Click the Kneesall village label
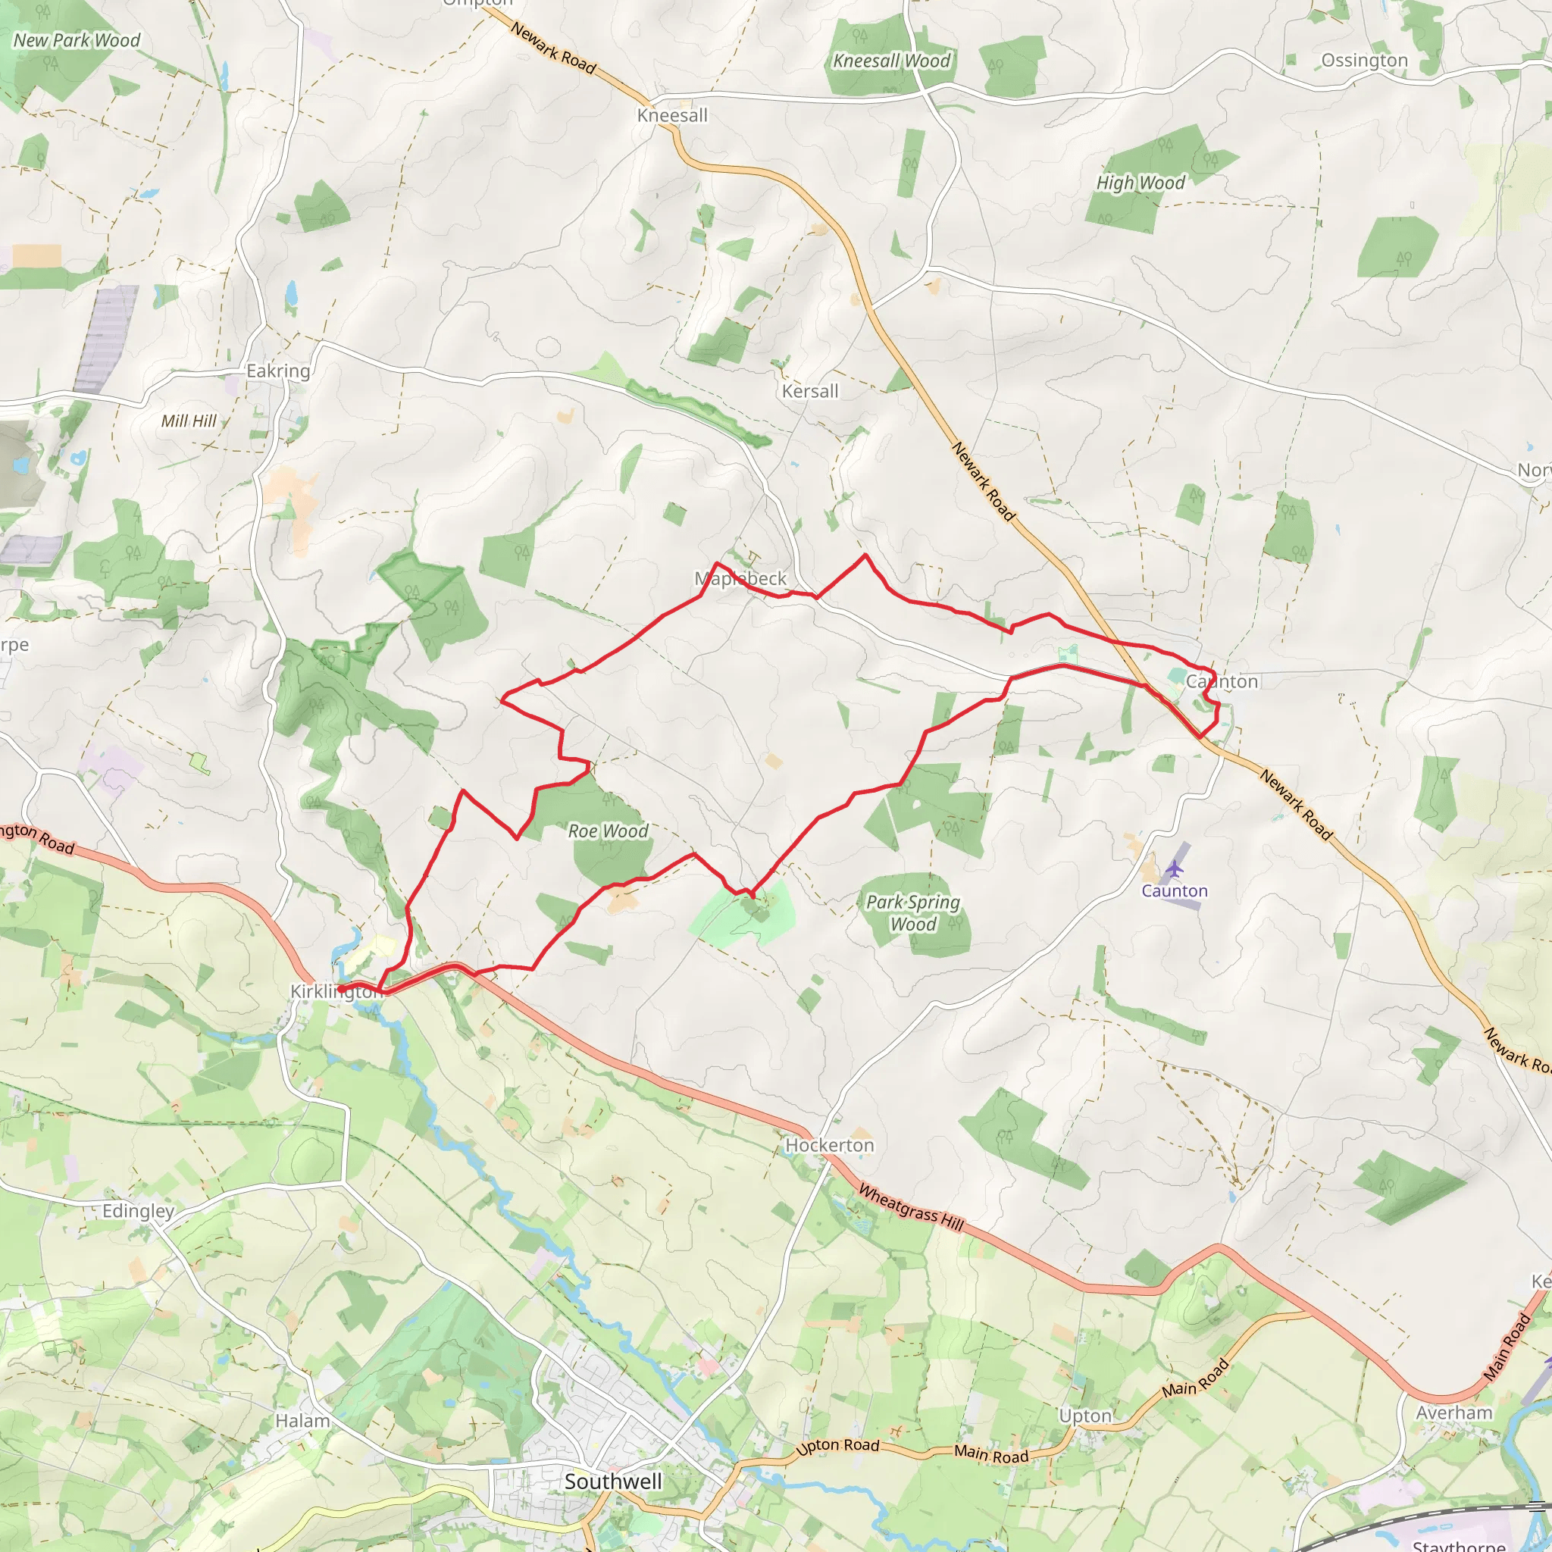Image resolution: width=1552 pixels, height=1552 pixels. point(672,116)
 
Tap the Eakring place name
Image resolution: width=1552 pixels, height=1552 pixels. point(278,371)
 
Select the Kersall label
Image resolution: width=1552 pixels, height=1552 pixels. point(810,391)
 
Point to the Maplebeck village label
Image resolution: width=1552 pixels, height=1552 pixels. point(740,578)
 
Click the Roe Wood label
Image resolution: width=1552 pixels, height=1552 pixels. point(608,831)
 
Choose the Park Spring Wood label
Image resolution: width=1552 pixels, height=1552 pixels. point(913,912)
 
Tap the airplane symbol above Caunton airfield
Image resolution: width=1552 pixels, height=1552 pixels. point(1175,868)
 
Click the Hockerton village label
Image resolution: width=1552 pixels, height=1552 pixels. point(830,1146)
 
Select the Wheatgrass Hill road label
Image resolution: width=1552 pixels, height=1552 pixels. point(911,1207)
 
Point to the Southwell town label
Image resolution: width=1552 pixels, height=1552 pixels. point(613,1482)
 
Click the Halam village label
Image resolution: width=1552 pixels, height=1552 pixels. point(303,1421)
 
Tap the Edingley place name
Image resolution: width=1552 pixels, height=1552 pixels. point(138,1212)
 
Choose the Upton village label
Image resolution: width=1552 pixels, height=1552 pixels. point(1085,1416)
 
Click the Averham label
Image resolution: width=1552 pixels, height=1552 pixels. point(1454,1413)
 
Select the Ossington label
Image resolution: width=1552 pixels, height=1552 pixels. point(1364,61)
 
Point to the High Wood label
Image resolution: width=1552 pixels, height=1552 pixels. point(1141,183)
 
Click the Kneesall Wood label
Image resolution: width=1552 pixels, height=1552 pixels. point(892,61)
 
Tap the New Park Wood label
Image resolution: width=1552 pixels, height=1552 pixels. point(77,41)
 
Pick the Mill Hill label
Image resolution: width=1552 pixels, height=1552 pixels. point(189,421)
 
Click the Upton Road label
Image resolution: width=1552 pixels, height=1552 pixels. point(838,1446)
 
